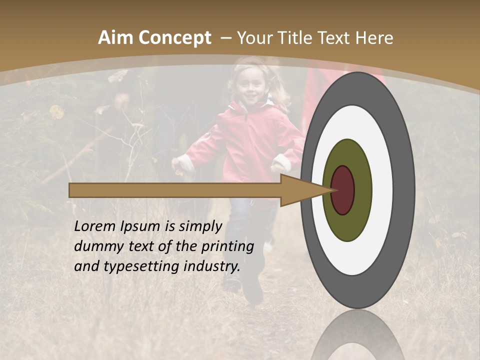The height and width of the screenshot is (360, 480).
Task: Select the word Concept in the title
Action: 174,38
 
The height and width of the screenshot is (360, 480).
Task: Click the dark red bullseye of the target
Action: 342,190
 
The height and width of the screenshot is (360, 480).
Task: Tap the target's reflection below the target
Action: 358,337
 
